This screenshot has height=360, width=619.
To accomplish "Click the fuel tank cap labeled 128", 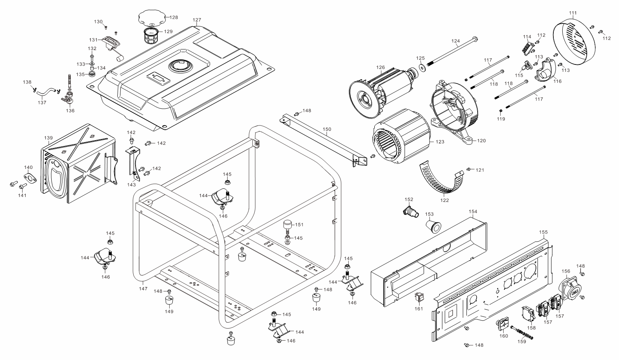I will click(x=151, y=18).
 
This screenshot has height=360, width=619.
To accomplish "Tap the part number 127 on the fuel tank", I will click(x=197, y=20).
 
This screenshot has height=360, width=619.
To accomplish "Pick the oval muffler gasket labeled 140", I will click(x=29, y=178).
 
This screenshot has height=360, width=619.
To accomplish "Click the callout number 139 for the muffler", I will click(x=48, y=138).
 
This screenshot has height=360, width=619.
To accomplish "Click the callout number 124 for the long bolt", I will click(x=456, y=41).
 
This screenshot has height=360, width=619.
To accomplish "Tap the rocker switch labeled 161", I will click(x=419, y=297).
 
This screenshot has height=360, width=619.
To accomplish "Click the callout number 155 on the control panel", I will click(x=543, y=232).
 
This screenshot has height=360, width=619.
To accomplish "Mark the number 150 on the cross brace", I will click(x=327, y=129).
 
